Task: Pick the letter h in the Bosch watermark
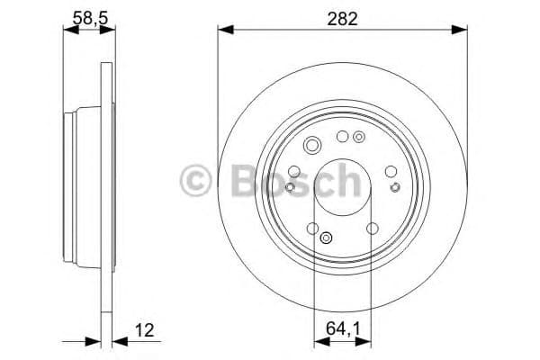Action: (346, 179)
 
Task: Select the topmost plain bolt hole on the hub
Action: (342, 137)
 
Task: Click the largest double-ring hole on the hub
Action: (312, 146)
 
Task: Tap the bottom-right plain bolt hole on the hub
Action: (371, 229)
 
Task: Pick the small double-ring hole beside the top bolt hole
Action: (359, 138)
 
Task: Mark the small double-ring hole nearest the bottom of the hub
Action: (326, 238)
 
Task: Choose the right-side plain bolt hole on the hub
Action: (390, 171)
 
